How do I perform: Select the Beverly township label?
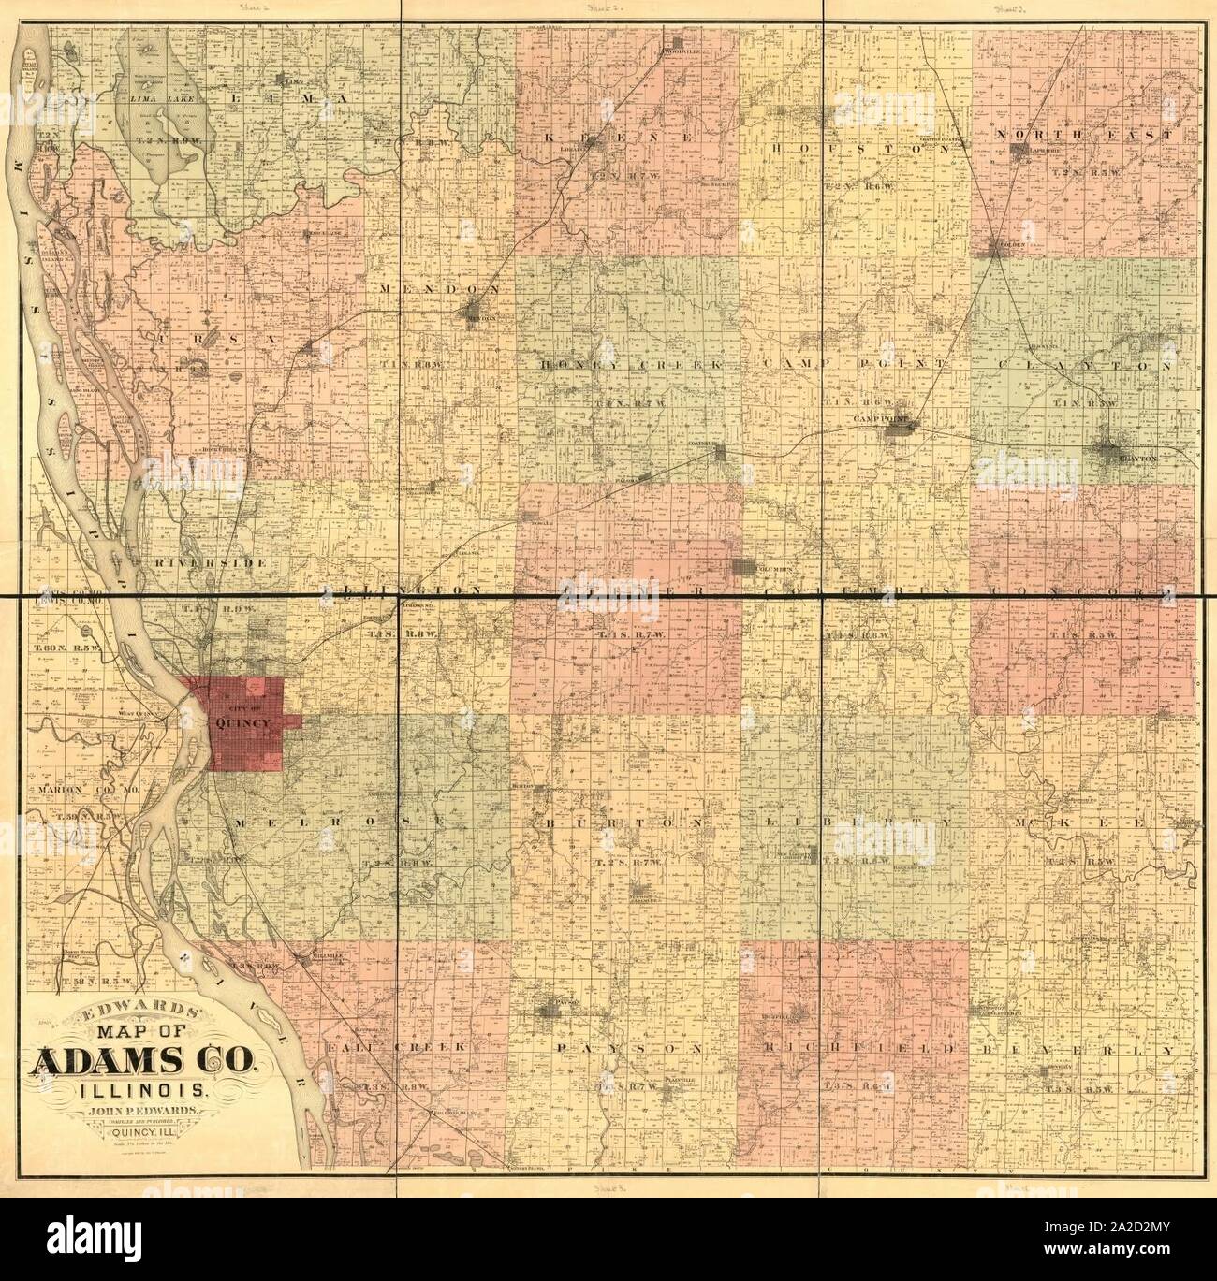(1077, 1050)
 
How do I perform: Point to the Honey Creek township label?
(622, 363)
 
